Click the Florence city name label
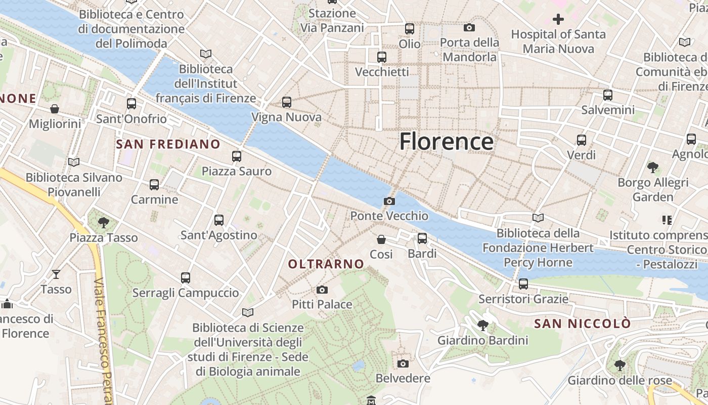click(x=447, y=141)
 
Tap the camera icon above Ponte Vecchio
click(x=389, y=201)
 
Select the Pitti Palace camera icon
click(x=322, y=290)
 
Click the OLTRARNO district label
click(x=326, y=264)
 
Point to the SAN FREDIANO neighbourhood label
click(x=168, y=144)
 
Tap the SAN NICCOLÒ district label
click(x=583, y=323)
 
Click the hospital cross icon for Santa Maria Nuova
click(x=558, y=20)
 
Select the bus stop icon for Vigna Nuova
click(x=287, y=102)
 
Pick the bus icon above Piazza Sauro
click(x=237, y=156)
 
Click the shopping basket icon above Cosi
click(x=381, y=239)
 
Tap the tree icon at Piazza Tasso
click(x=104, y=222)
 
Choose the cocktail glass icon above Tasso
click(x=56, y=274)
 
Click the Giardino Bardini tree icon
click(x=482, y=325)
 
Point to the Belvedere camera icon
click(x=403, y=363)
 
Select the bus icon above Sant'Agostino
click(x=219, y=220)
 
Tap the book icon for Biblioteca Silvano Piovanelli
click(x=74, y=163)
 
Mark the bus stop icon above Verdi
click(x=582, y=140)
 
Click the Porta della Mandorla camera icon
click(x=469, y=27)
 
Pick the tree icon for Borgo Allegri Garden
click(x=653, y=167)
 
